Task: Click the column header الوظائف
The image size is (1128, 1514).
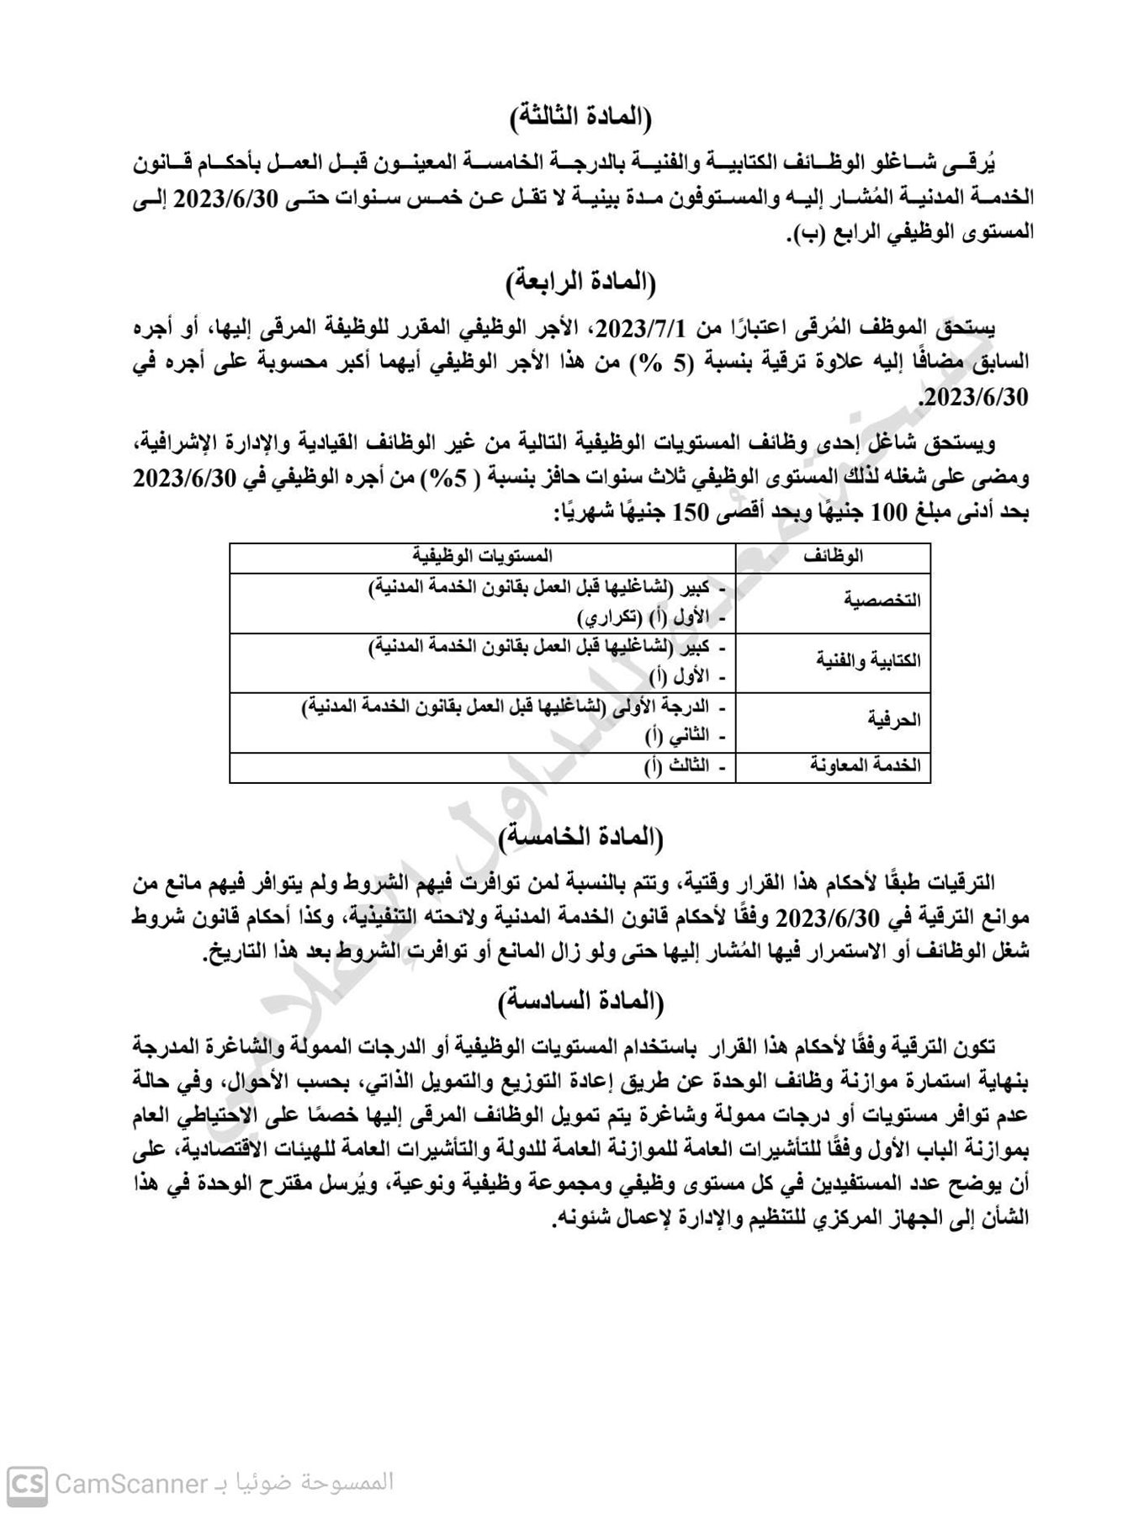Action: tap(834, 557)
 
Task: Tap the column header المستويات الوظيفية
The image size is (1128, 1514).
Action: tap(482, 557)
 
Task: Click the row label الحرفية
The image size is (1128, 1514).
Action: tap(893, 720)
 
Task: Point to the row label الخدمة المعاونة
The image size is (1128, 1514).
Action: tap(866, 765)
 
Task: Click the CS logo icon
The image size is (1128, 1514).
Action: tap(28, 1482)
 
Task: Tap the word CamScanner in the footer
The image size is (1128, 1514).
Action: tap(130, 1482)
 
